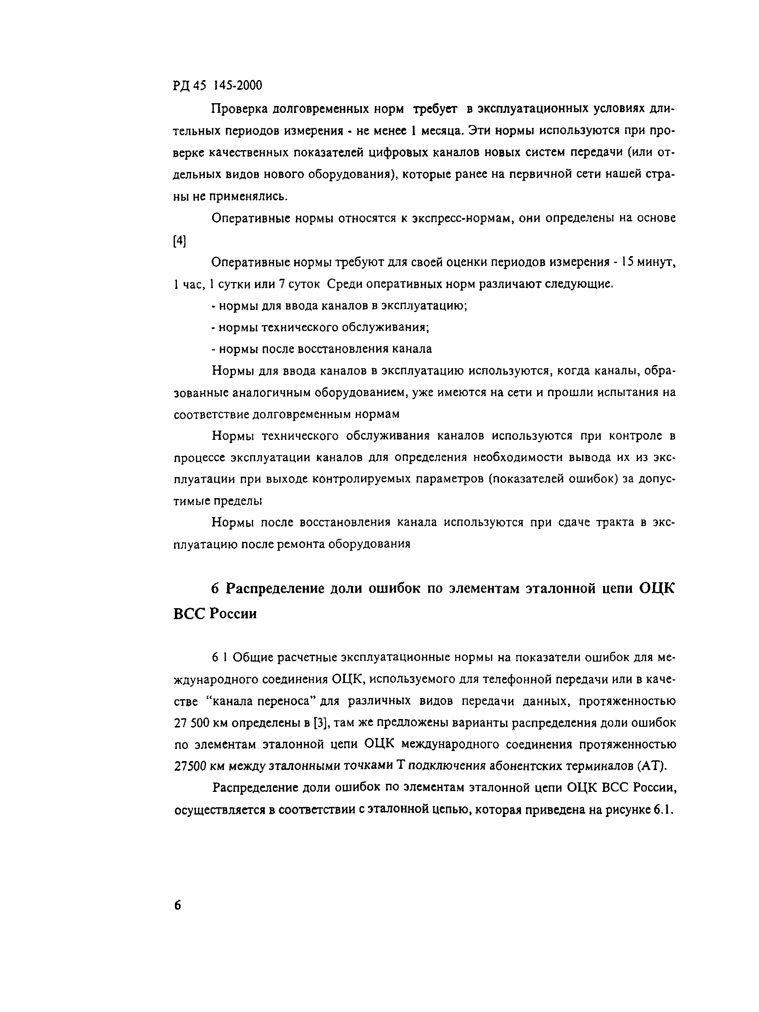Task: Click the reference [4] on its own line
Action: coord(180,241)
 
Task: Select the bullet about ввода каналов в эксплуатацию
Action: coord(339,306)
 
